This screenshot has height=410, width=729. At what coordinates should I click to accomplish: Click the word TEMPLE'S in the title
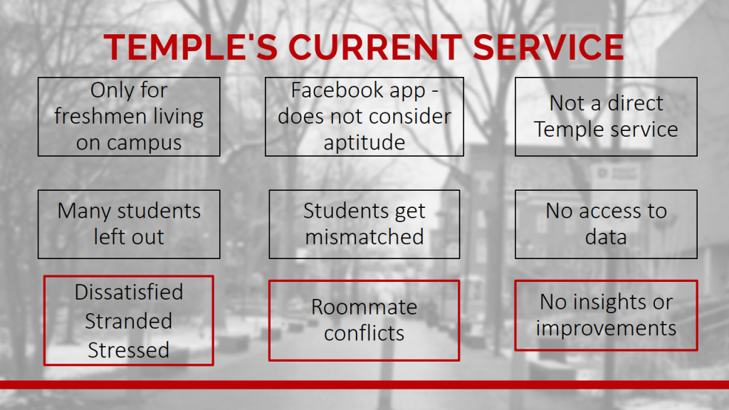click(x=191, y=47)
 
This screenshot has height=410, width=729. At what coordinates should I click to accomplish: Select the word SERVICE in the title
click(x=549, y=47)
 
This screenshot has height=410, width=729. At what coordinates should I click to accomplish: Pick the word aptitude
click(x=364, y=143)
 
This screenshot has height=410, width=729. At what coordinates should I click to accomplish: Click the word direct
click(x=635, y=102)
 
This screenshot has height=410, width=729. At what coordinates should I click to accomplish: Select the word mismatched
click(x=364, y=236)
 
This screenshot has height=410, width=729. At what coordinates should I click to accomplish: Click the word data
click(x=606, y=236)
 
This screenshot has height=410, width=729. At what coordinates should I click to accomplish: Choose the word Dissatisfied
click(x=129, y=292)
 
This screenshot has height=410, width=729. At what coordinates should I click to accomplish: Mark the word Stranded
click(x=129, y=321)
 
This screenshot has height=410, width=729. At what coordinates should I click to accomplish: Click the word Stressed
click(x=129, y=350)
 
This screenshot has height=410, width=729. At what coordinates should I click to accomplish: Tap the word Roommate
click(x=364, y=307)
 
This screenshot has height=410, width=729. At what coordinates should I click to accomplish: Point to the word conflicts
click(x=364, y=333)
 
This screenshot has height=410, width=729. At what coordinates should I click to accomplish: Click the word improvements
click(x=606, y=329)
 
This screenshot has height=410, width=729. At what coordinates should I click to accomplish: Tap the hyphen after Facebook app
click(x=435, y=91)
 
